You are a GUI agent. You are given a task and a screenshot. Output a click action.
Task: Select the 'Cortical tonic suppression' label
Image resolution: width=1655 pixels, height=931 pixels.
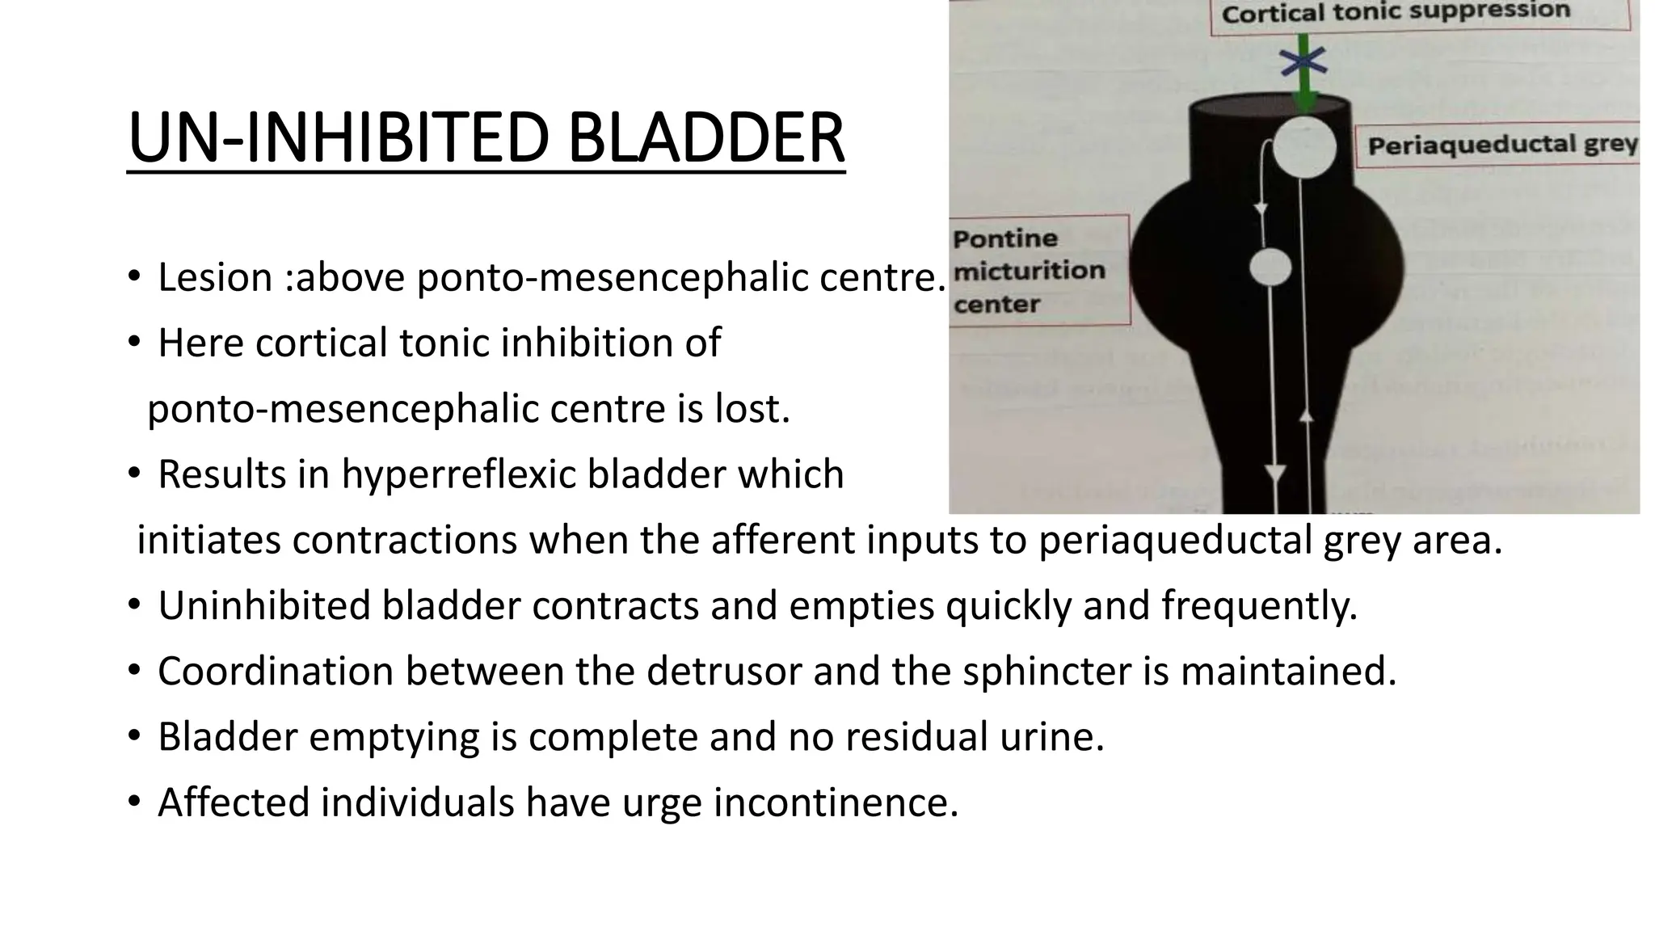(x=1396, y=13)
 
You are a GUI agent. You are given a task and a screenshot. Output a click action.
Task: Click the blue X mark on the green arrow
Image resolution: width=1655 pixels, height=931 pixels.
(x=1303, y=61)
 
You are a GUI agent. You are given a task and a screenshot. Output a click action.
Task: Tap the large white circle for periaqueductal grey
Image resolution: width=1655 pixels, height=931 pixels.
(x=1304, y=147)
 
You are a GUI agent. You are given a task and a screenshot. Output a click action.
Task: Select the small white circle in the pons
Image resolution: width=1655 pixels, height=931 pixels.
(x=1270, y=268)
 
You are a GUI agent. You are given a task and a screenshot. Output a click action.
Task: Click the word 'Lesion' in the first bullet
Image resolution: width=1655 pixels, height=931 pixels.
(x=215, y=277)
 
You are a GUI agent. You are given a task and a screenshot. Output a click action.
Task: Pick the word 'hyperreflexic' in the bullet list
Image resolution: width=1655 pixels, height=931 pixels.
(x=458, y=474)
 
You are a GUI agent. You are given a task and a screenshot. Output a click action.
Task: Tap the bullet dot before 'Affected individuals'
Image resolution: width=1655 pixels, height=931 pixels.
(x=133, y=803)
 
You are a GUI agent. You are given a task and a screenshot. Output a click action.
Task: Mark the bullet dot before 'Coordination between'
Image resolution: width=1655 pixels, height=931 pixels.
(x=133, y=671)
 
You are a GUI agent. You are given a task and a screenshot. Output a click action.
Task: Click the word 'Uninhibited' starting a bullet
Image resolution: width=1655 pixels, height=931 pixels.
(x=263, y=605)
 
